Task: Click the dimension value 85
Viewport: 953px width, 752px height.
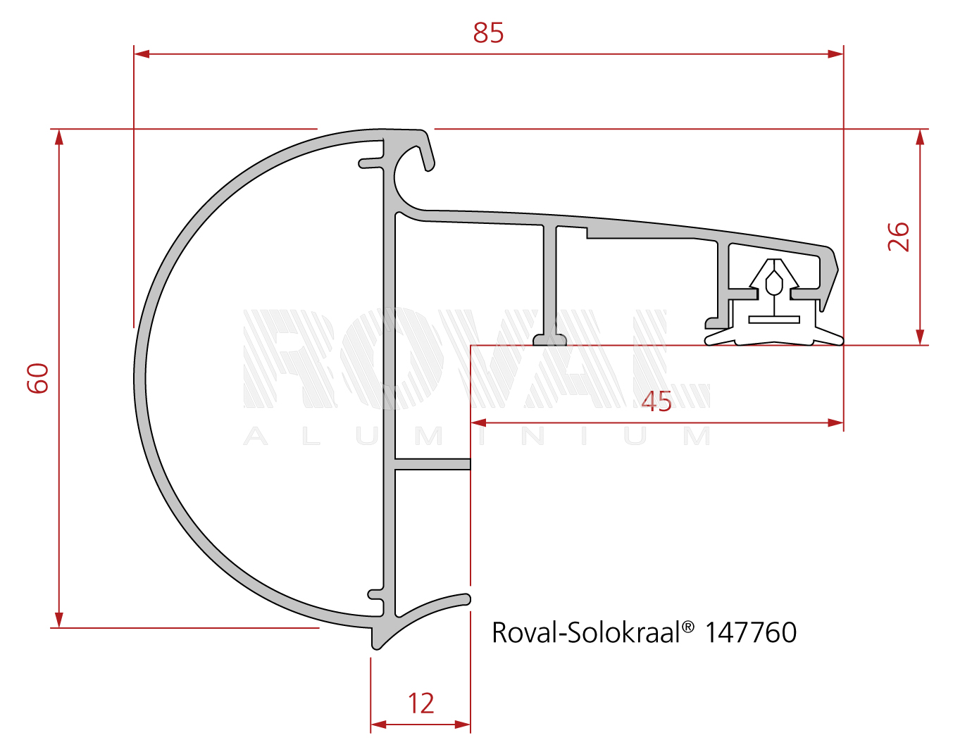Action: click(x=488, y=33)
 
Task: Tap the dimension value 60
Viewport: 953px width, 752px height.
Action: click(x=38, y=378)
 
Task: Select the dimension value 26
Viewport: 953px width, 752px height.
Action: click(x=899, y=237)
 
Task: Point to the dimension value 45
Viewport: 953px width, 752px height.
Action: click(x=656, y=401)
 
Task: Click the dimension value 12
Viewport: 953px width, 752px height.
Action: click(x=421, y=703)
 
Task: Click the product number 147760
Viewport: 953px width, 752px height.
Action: click(x=751, y=632)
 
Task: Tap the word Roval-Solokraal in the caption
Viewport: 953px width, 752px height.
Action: click(x=586, y=632)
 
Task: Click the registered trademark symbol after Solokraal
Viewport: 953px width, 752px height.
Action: click(x=687, y=626)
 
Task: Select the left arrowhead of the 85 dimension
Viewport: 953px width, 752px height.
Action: click(x=142, y=54)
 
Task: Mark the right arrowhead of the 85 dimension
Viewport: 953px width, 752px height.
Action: click(x=835, y=54)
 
